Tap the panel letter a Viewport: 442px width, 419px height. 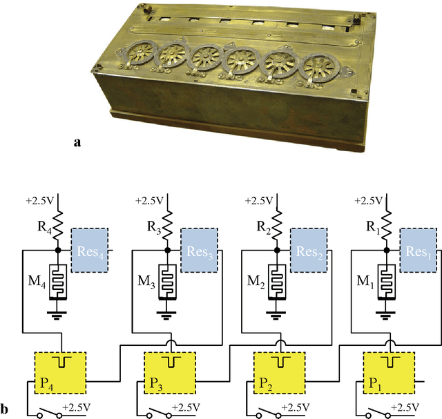[78, 142]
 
